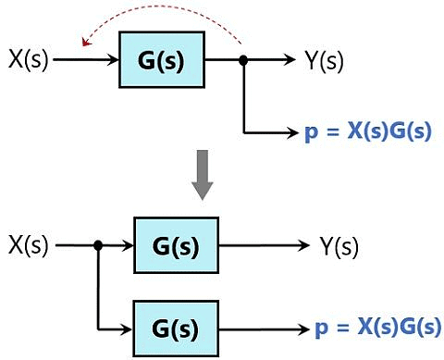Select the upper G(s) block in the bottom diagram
coord(176,245)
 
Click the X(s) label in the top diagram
coord(28,60)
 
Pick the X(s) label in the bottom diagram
coord(28,245)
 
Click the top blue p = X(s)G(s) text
coord(367,132)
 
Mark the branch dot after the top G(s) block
coord(243,60)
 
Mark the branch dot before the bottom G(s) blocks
coord(97,245)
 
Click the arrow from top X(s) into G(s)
coord(88,60)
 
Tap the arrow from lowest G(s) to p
coord(264,328)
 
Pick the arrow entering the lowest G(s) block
coord(116,328)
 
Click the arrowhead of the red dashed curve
coord(84,41)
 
